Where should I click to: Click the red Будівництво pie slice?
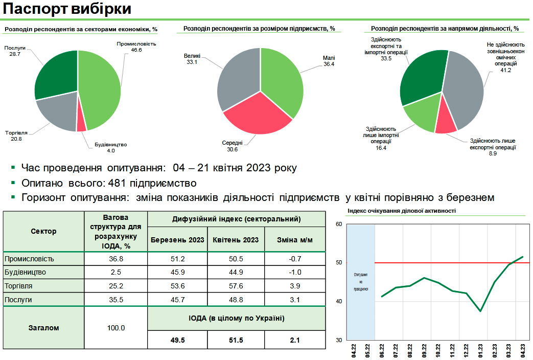pyautogui.click(x=81, y=122)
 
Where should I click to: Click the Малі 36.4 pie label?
pyautogui.click(x=328, y=61)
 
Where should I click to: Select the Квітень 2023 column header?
pyautogui.click(x=236, y=240)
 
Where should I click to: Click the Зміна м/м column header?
pyautogui.click(x=295, y=240)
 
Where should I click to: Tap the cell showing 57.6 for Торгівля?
pyautogui.click(x=236, y=286)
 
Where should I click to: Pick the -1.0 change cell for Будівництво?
pyautogui.click(x=295, y=272)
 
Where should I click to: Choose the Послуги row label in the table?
pyautogui.click(x=18, y=300)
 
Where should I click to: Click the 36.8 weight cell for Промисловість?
pyautogui.click(x=117, y=258)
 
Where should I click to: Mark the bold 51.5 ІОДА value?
pyautogui.click(x=236, y=340)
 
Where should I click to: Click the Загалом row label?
pyautogui.click(x=43, y=328)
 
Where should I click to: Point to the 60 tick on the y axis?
pyautogui.click(x=338, y=224)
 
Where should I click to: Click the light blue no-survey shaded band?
pyautogui.click(x=361, y=281)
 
